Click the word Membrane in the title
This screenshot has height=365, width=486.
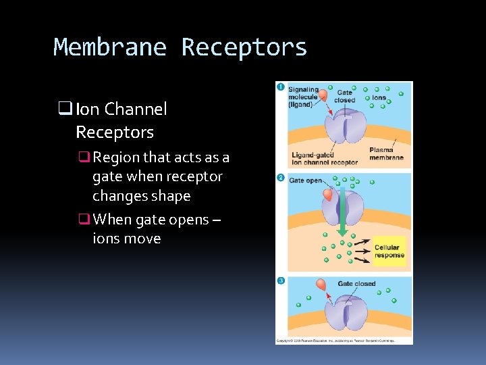click(110, 48)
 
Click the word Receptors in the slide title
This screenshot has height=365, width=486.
click(244, 48)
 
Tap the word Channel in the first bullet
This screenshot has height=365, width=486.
click(135, 109)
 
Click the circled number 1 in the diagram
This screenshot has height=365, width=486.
click(280, 87)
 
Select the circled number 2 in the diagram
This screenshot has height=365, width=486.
click(280, 177)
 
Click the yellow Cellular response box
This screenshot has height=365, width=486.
click(389, 251)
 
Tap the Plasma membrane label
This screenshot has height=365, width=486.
click(386, 153)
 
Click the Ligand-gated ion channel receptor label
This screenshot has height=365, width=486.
click(324, 159)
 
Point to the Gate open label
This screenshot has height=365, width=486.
click(305, 180)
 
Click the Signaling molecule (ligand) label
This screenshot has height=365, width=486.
click(303, 97)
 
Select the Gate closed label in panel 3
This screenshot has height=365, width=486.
click(356, 284)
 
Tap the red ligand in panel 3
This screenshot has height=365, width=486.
click(321, 285)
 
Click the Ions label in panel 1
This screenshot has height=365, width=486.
click(379, 98)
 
